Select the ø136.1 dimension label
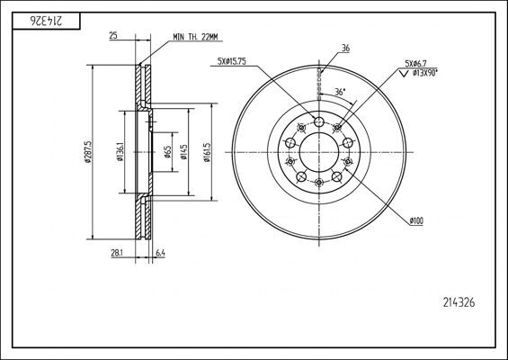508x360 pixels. pos(119,151)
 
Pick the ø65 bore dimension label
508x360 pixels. pos(168,152)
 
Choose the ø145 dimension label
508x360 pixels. pos(183,152)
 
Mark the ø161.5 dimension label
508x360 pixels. pos(208,151)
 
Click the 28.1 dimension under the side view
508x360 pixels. pos(116,255)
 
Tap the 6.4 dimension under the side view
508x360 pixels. pos(161,255)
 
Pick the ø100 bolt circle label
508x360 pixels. pos(417,220)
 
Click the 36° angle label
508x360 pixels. pos(337,92)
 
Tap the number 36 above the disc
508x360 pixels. pos(346,49)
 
